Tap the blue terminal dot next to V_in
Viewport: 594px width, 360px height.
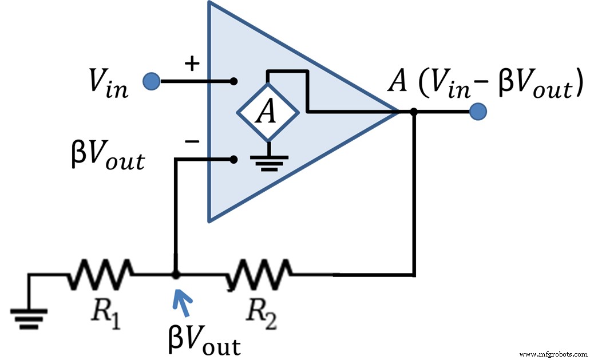tap(151, 81)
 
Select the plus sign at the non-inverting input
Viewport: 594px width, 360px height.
tap(192, 64)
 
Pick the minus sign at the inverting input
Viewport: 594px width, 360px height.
tap(193, 141)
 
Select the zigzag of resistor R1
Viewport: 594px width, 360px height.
tap(101, 275)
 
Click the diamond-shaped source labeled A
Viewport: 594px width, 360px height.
tap(267, 113)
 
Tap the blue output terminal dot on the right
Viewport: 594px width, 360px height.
tap(477, 112)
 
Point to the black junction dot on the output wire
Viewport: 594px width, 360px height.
tap(414, 112)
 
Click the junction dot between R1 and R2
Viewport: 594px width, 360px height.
tap(176, 275)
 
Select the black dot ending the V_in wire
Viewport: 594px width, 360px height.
tap(233, 81)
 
